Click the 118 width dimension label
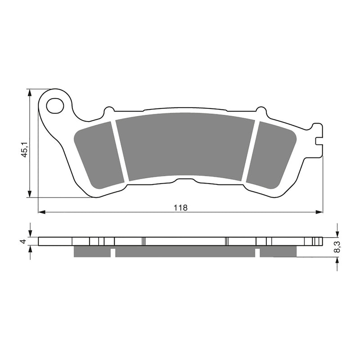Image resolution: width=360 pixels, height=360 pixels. click(180, 207)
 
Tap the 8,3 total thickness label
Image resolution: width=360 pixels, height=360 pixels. click(337, 246)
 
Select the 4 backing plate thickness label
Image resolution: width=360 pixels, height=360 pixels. click(22, 242)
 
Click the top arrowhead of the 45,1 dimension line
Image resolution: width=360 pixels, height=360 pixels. click(30, 93)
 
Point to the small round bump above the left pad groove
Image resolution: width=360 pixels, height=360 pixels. click(109, 110)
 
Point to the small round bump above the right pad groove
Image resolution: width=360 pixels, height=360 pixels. click(261, 110)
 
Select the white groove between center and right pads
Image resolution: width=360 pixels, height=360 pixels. click(250, 151)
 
